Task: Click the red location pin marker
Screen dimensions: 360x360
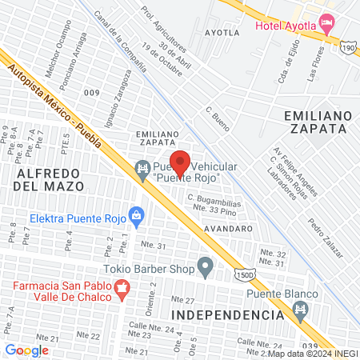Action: (180, 162)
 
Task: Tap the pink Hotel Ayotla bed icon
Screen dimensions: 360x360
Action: (325, 22)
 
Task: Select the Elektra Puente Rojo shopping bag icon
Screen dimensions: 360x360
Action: (136, 215)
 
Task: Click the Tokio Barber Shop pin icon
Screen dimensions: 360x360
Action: (206, 265)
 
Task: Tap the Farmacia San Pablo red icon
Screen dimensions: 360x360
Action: (122, 293)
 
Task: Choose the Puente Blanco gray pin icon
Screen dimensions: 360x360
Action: (302, 314)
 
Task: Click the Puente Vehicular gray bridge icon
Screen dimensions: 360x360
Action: (142, 167)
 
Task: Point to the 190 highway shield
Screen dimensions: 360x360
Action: (348, 49)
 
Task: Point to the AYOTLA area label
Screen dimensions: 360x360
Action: (222, 34)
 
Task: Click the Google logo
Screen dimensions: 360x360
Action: (26, 350)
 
